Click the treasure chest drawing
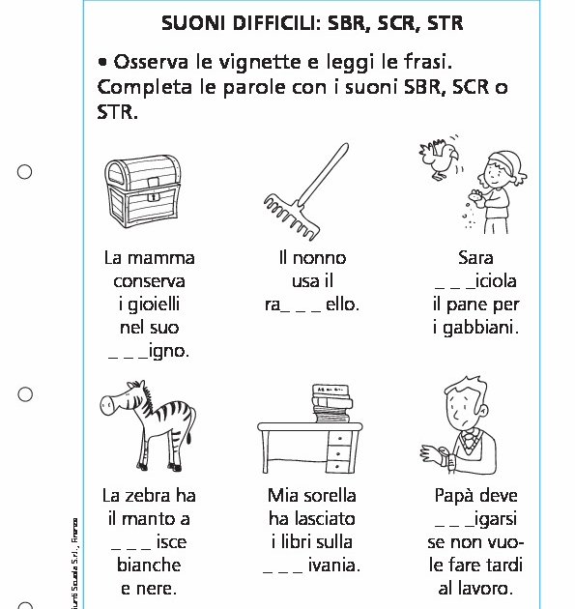coord(143,189)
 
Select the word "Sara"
coord(475,258)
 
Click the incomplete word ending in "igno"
coord(149,351)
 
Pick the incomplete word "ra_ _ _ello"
coord(312,304)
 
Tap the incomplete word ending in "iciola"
coord(475,281)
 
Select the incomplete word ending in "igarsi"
coord(475,518)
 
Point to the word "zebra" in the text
coord(150,495)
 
